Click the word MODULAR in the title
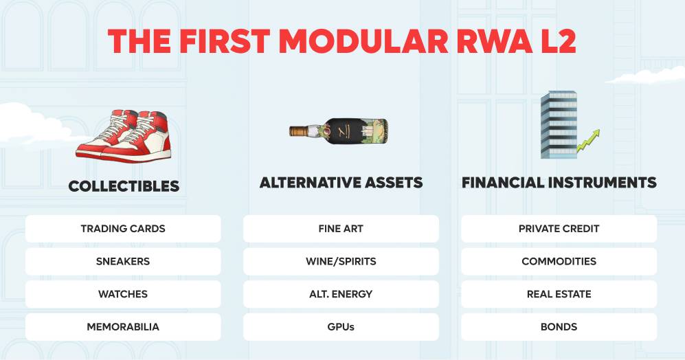(x=363, y=41)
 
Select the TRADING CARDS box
(x=123, y=229)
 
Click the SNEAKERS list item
(x=123, y=261)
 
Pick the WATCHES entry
(x=123, y=294)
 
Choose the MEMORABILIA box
(x=123, y=327)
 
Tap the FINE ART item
(x=341, y=229)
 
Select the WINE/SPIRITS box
(x=341, y=261)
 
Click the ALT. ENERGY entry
(x=341, y=294)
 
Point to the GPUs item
(x=341, y=327)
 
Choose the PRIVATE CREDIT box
(x=559, y=229)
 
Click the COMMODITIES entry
(x=559, y=261)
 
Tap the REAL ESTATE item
(x=559, y=294)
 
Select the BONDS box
(x=559, y=327)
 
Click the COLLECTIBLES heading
(x=124, y=187)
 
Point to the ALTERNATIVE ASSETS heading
(x=341, y=182)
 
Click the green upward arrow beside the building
(x=588, y=141)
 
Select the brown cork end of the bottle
(x=298, y=131)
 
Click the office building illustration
(x=559, y=124)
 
